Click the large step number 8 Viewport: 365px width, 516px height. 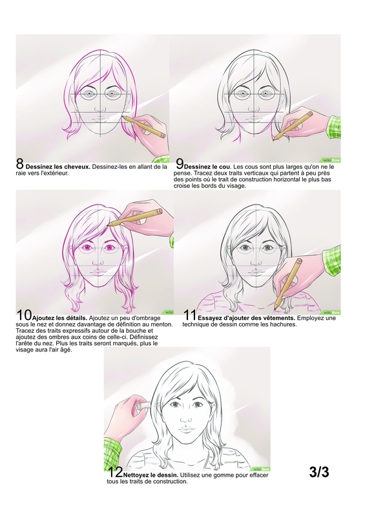tap(20, 164)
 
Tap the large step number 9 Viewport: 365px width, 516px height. tap(180, 164)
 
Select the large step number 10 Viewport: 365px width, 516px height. tap(24, 315)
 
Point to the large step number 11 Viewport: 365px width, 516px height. tap(190, 315)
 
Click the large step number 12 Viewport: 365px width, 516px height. tap(115, 472)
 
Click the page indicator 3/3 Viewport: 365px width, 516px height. tap(319, 472)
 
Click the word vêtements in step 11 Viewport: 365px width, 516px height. tap(280, 318)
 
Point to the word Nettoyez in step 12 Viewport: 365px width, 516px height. tap(134, 475)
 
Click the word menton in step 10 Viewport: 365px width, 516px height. tap(162, 324)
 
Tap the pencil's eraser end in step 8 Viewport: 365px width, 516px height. tap(163, 135)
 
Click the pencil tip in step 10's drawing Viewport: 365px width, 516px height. tap(109, 224)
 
